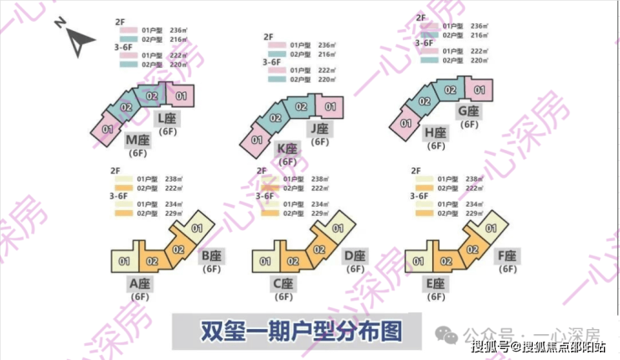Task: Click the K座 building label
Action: click(x=287, y=148)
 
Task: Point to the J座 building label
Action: click(x=318, y=128)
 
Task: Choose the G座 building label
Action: click(x=468, y=111)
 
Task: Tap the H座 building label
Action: click(x=436, y=132)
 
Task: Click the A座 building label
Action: click(x=139, y=283)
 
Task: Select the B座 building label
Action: click(x=212, y=255)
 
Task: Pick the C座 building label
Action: click(x=282, y=283)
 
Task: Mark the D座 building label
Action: click(x=354, y=255)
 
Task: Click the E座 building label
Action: click(x=436, y=283)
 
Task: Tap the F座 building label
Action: click(x=508, y=255)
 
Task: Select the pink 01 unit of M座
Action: click(x=107, y=129)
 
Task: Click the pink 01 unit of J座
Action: click(x=329, y=106)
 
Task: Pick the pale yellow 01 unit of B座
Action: click(x=198, y=227)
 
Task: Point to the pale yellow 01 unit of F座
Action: click(x=493, y=227)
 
